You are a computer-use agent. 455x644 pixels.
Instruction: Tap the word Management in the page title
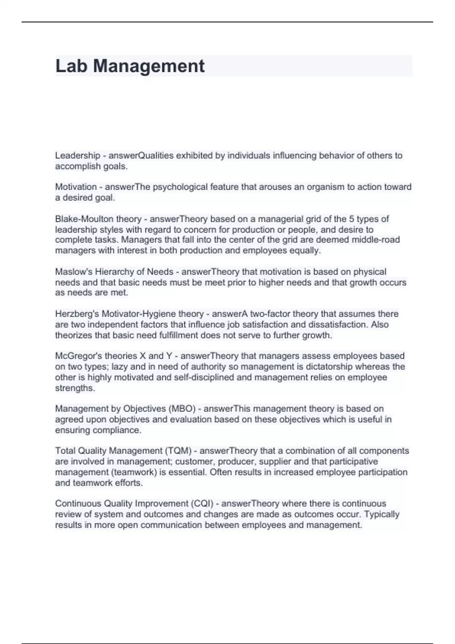149,66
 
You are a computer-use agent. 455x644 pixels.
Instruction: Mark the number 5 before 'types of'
351,219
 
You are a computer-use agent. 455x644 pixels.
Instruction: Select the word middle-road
375,240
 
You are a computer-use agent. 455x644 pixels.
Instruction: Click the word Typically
381,514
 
